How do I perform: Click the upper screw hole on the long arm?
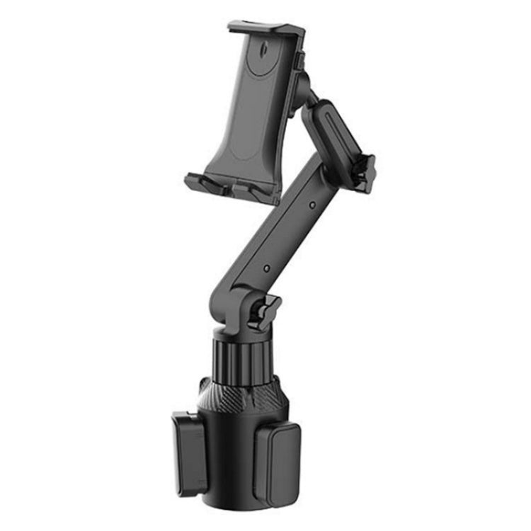(x=313, y=205)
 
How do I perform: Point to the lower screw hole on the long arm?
(x=265, y=269)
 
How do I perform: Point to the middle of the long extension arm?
(x=290, y=237)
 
